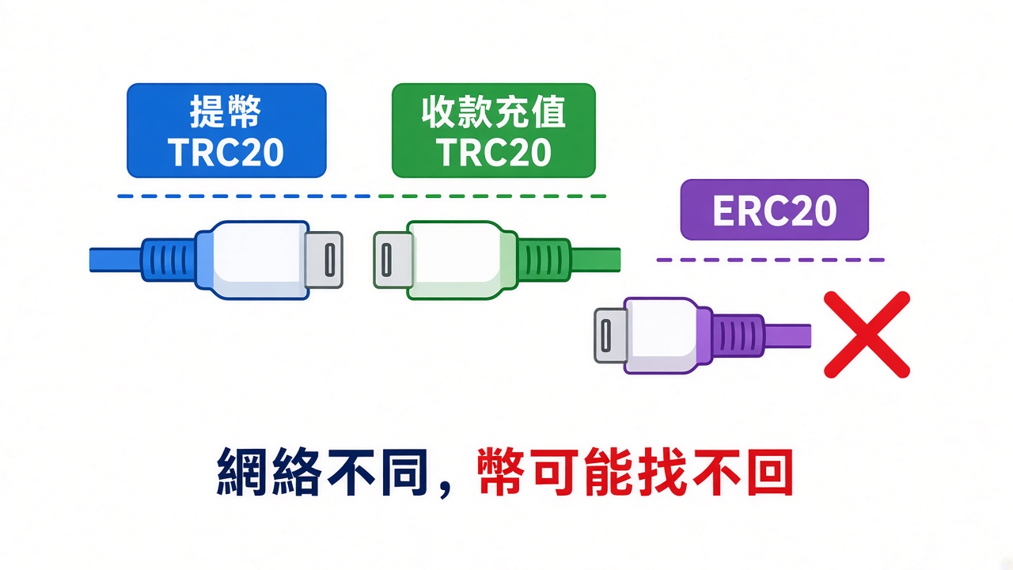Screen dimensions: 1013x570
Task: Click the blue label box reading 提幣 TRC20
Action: coord(226,131)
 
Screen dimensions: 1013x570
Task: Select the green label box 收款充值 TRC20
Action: coord(493,131)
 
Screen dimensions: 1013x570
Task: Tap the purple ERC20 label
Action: coord(774,210)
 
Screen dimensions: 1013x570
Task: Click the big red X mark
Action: coord(867,335)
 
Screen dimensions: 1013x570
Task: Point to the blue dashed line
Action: coord(244,196)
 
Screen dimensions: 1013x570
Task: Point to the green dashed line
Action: coord(492,196)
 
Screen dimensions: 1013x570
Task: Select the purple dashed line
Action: coord(770,260)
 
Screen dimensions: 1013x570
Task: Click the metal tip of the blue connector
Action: coord(324,260)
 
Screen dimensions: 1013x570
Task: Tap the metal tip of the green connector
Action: coord(393,260)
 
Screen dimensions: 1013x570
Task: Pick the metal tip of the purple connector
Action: coord(610,335)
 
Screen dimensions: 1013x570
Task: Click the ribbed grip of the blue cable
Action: coord(169,260)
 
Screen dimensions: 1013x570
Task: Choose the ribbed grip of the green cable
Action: coord(544,260)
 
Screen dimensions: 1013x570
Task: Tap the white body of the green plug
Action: coord(456,260)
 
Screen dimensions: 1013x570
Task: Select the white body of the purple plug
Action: coord(660,336)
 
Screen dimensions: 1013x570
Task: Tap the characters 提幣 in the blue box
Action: coord(226,112)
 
